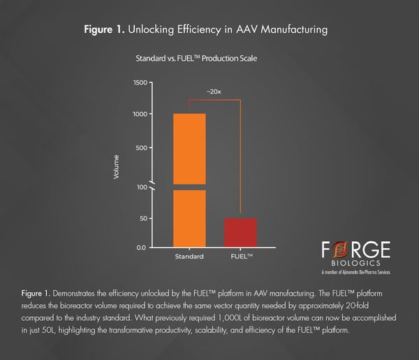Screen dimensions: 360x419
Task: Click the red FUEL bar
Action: click(x=240, y=233)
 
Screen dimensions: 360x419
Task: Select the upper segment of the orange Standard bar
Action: click(x=189, y=148)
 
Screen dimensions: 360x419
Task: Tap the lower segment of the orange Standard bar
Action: click(x=189, y=219)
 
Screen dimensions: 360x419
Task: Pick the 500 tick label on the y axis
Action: click(x=142, y=148)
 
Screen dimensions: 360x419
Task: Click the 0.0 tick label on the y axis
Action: click(x=142, y=247)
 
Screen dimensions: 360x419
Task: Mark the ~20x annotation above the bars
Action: click(x=214, y=92)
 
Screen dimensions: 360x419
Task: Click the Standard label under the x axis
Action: click(x=189, y=257)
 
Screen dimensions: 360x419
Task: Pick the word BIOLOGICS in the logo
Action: click(x=356, y=264)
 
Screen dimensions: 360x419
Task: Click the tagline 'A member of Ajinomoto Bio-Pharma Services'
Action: click(x=356, y=272)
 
